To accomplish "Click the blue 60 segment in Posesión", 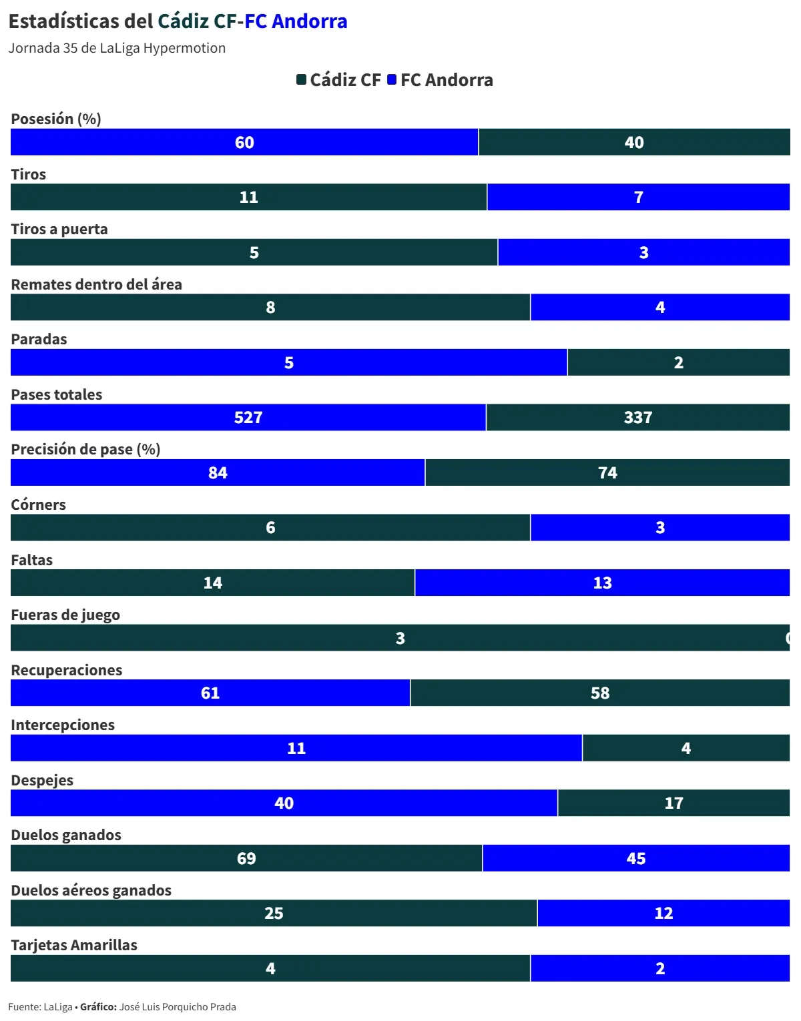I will (x=244, y=142).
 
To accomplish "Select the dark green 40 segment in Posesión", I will (x=634, y=142).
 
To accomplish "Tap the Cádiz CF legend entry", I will (x=339, y=80).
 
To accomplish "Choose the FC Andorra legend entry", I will (x=441, y=80).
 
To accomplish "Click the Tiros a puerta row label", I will (x=59, y=229).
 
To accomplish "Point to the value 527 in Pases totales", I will (x=248, y=418).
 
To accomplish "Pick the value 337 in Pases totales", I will (x=638, y=418).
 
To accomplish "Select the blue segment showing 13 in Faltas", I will (x=602, y=583).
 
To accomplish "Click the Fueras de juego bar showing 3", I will (x=400, y=638).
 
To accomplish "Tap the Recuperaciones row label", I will (x=67, y=670).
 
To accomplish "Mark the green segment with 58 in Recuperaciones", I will (x=600, y=693).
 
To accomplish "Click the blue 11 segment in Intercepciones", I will (x=296, y=748).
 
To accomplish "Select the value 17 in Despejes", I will (x=674, y=803).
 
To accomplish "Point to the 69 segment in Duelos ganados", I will (x=246, y=858).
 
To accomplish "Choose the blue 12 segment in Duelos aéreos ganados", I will (x=663, y=914).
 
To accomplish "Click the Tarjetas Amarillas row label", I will (x=74, y=945).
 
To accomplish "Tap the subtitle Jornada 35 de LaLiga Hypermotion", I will (x=117, y=48).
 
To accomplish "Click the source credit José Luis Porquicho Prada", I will (x=178, y=1007).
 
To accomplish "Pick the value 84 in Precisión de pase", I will (x=218, y=473).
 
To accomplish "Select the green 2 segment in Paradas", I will (x=678, y=363).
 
